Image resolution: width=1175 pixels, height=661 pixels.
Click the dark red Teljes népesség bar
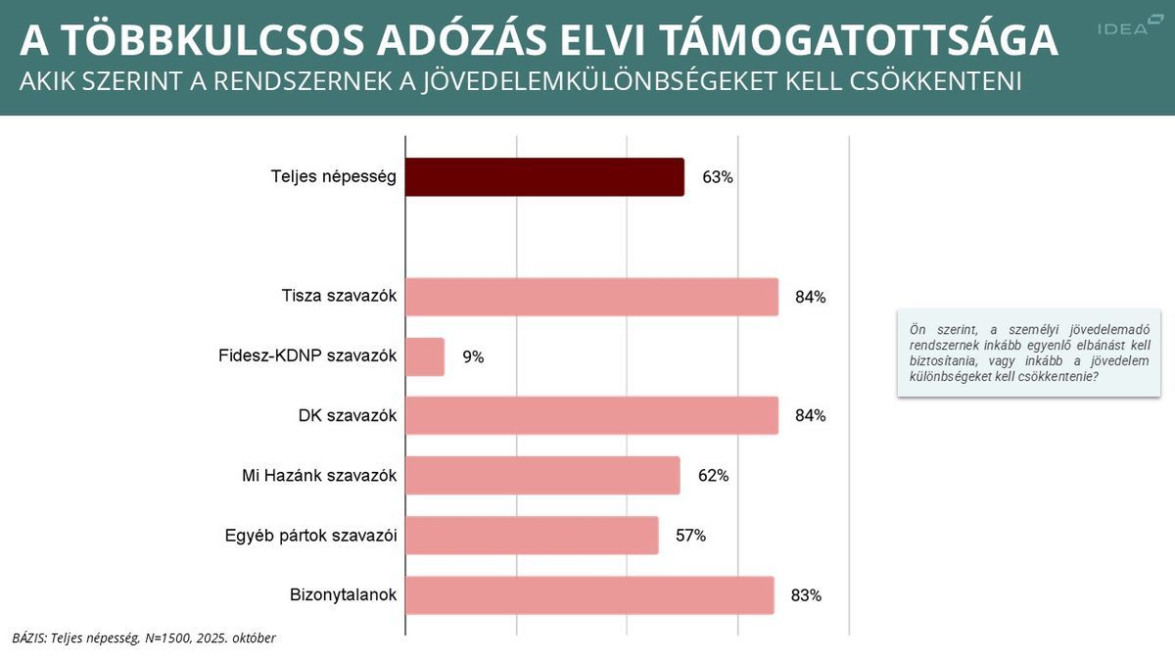(544, 177)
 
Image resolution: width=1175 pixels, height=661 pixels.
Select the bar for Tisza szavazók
(591, 297)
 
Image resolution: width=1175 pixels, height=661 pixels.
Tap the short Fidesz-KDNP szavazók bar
(425, 357)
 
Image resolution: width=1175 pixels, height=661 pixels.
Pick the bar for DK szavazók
(591, 415)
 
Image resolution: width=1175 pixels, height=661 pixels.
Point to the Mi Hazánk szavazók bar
(542, 476)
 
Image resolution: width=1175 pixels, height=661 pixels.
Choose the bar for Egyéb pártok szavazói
(532, 536)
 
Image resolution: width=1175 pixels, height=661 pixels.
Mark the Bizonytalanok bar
(589, 595)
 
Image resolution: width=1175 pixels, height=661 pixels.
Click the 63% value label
(717, 178)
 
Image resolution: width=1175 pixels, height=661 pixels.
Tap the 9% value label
(473, 357)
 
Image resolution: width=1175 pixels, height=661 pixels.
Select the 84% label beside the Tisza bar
(810, 297)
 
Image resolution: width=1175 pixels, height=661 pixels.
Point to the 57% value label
(690, 536)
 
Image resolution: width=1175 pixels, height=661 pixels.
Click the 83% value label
(806, 595)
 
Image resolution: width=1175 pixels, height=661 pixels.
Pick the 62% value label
(713, 476)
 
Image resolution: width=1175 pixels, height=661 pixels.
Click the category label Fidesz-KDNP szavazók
(307, 356)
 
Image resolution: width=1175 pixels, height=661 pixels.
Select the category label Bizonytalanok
(343, 594)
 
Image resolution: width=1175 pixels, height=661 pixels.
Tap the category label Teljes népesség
(333, 177)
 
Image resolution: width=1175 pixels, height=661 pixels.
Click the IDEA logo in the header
(1123, 27)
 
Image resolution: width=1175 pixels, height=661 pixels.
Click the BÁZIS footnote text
(144, 637)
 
